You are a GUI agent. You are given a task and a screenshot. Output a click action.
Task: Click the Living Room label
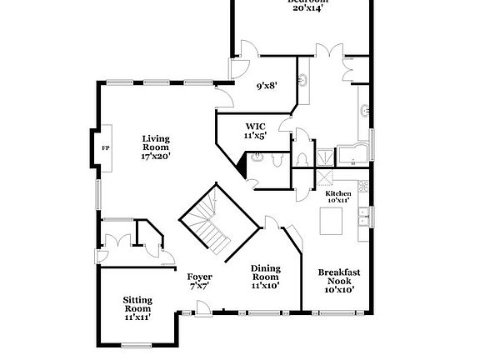(156, 147)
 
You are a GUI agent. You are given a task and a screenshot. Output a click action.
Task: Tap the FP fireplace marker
(105, 147)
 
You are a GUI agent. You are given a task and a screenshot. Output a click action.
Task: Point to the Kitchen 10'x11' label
(337, 197)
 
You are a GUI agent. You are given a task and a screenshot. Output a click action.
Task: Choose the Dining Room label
(265, 277)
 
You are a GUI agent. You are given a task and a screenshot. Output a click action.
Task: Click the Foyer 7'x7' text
(198, 281)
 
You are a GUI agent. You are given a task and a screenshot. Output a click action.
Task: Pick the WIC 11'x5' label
(254, 131)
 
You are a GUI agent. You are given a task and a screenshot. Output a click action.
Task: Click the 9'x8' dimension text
(265, 85)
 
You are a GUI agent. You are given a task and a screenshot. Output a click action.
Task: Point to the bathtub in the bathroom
(353, 154)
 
